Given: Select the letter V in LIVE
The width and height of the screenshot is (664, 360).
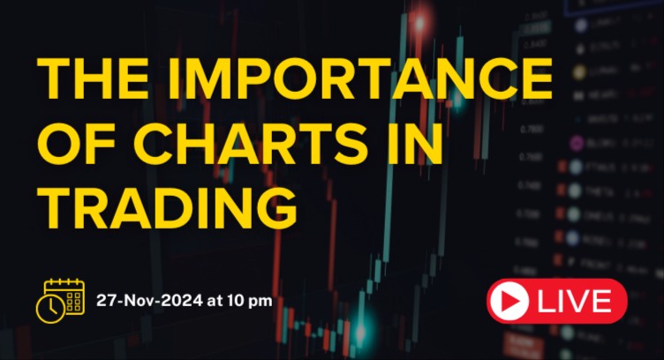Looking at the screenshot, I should tap(577, 302).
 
